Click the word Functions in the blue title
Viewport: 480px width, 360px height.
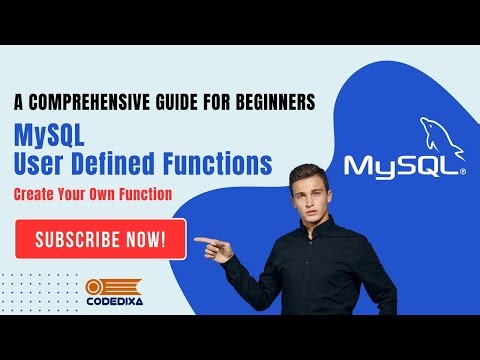221,161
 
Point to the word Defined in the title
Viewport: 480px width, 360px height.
127,161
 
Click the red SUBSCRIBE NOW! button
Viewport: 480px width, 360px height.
100,239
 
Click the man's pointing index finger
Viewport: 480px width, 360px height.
201,240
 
